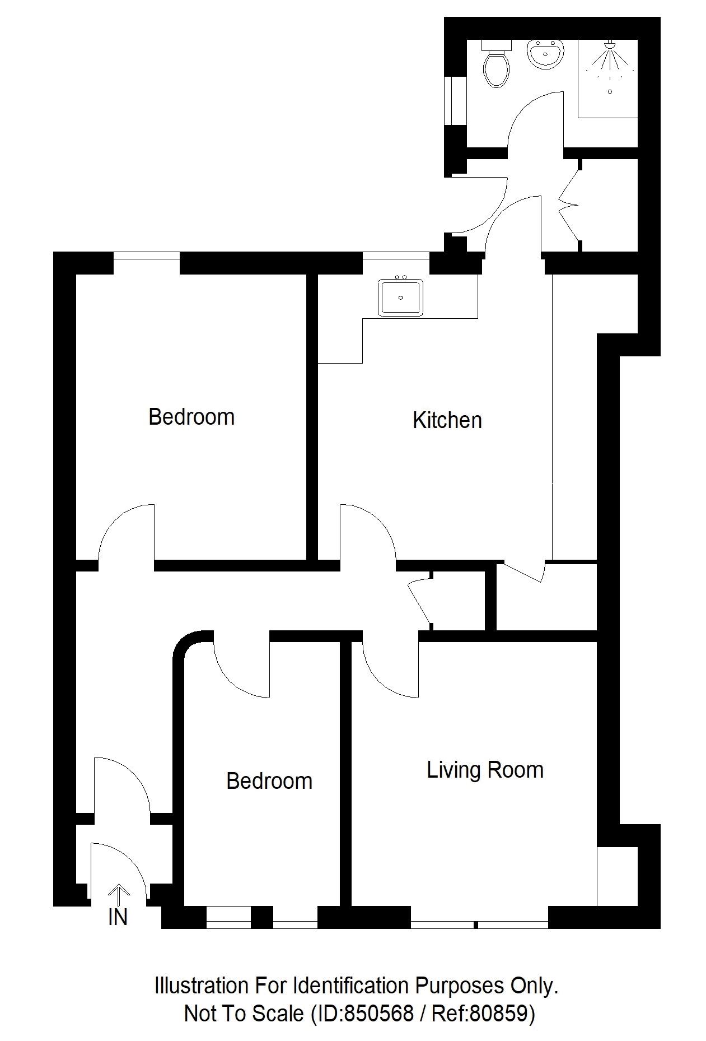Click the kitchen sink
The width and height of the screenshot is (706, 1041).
click(x=400, y=297)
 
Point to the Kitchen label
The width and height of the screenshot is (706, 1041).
click(x=447, y=420)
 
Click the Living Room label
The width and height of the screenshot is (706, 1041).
click(x=485, y=770)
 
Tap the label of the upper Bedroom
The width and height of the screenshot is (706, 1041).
click(x=191, y=417)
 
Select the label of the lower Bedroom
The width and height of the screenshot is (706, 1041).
click(x=269, y=781)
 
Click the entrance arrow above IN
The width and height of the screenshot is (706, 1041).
click(x=118, y=892)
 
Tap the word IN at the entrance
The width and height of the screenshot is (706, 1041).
click(x=118, y=917)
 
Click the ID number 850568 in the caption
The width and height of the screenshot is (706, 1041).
click(x=378, y=1013)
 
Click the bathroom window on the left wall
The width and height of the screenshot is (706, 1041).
click(x=448, y=100)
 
